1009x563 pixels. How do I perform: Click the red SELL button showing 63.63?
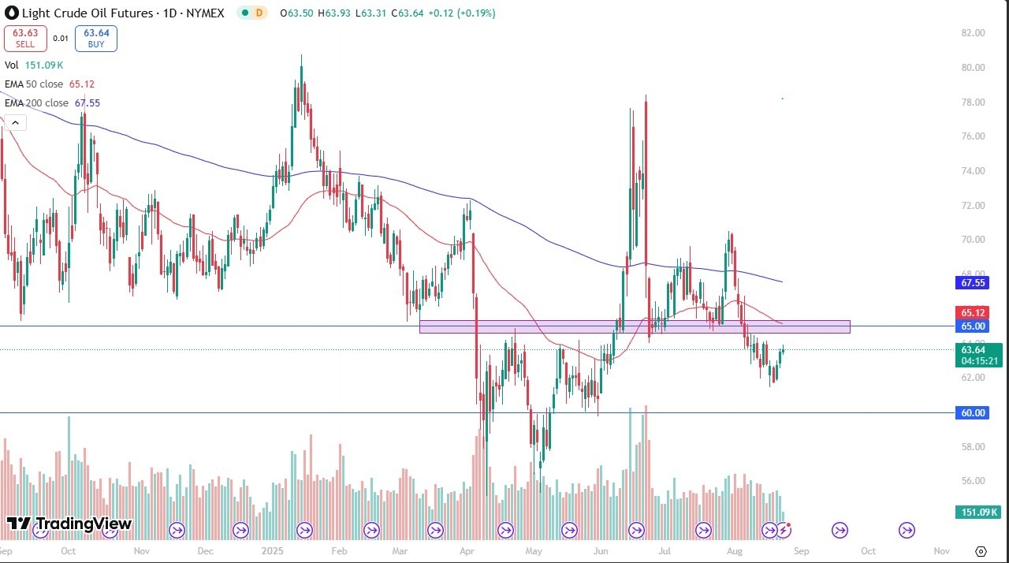pos(25,38)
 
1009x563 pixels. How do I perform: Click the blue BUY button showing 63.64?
pos(96,38)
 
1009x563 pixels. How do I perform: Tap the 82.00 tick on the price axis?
pos(974,33)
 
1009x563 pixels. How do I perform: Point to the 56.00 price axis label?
pos(974,481)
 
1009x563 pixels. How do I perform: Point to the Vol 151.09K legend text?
pos(34,65)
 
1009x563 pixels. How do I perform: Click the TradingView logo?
pos(69,524)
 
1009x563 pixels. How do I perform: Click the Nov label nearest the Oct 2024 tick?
pos(141,550)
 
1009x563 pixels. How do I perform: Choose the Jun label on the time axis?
pos(602,550)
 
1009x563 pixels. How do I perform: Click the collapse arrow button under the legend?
pos(15,122)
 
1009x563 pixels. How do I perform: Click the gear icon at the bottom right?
pos(981,550)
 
